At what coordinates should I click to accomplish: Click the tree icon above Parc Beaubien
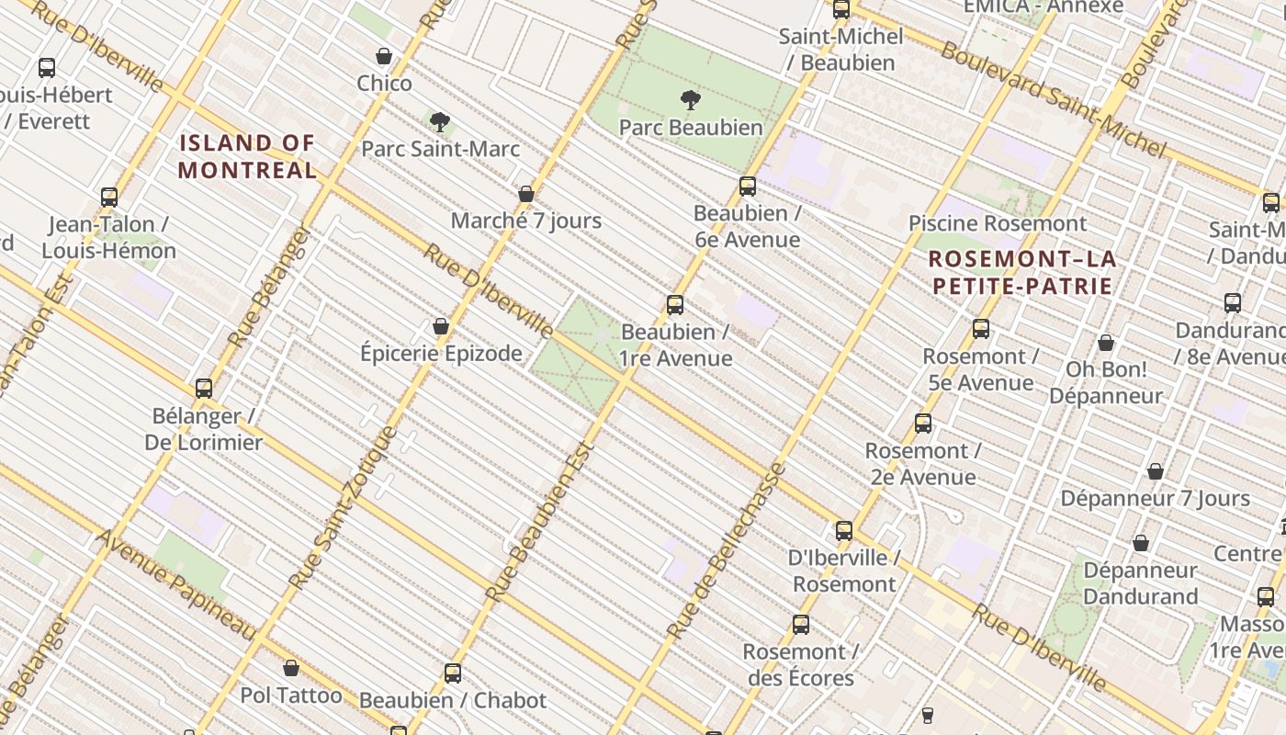(691, 100)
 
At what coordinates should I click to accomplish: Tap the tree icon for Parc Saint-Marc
(440, 121)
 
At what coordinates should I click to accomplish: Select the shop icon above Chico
(384, 57)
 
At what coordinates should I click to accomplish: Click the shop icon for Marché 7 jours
(526, 194)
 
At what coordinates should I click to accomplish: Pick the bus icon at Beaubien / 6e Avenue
(748, 187)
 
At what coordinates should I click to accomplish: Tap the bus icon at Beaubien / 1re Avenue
(675, 305)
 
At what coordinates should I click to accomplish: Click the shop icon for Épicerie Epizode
(441, 326)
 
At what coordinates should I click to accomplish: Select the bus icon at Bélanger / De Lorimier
(204, 389)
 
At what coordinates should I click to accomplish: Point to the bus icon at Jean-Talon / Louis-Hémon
(109, 198)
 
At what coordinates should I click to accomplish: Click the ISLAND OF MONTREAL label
(247, 156)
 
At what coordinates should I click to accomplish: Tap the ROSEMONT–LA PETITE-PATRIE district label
(1022, 272)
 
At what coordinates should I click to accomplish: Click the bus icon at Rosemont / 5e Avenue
(981, 329)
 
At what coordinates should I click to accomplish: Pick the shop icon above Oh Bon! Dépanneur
(1106, 343)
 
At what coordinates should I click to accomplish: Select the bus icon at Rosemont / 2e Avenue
(923, 424)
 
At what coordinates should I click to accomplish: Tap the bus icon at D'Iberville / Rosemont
(844, 531)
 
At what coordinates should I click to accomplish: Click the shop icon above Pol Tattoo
(291, 668)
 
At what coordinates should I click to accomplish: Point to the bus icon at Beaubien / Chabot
(453, 673)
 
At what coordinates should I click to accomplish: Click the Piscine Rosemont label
(997, 223)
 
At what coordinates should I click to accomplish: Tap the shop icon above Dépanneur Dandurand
(1140, 543)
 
